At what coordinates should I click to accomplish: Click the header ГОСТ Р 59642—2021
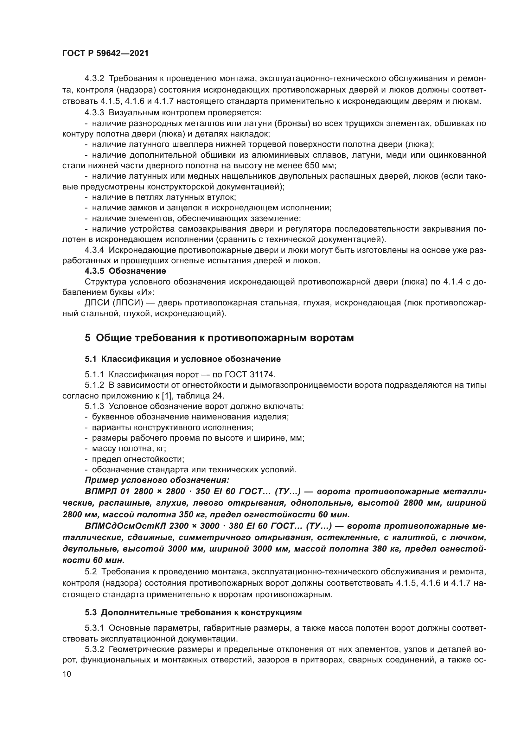point(105,53)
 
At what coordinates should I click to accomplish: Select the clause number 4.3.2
point(94,79)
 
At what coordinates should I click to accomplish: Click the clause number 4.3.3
point(94,113)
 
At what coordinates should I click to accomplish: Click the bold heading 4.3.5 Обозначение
point(125,271)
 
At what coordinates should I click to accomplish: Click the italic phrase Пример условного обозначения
point(157,480)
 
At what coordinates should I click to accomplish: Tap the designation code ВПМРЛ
point(101,491)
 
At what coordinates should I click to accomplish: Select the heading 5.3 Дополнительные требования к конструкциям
point(193,612)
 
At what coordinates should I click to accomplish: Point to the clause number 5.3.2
point(94,649)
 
